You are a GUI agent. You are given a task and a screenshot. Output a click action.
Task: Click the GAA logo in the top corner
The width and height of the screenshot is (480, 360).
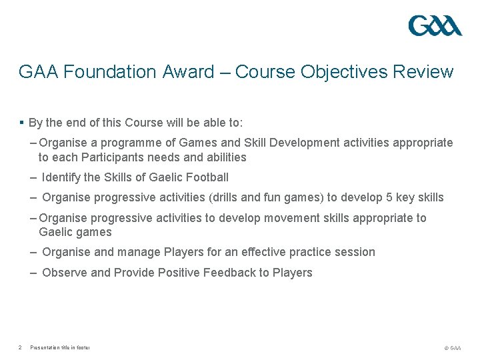tap(435, 27)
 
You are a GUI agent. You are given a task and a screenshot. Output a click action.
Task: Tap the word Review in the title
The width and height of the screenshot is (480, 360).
tap(422, 72)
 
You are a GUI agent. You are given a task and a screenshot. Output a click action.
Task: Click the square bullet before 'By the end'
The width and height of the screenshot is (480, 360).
tap(22, 123)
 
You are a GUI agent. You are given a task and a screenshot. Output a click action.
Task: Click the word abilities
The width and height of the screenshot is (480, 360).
tap(223, 157)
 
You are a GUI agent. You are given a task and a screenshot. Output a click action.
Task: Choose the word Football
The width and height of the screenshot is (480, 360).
tap(207, 177)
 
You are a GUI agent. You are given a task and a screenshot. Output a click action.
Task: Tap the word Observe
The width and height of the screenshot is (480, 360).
tap(64, 273)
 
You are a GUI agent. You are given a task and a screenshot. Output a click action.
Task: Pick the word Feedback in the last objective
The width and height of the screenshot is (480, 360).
tap(231, 273)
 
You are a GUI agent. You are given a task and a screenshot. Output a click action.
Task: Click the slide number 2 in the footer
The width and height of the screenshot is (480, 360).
tap(21, 347)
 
